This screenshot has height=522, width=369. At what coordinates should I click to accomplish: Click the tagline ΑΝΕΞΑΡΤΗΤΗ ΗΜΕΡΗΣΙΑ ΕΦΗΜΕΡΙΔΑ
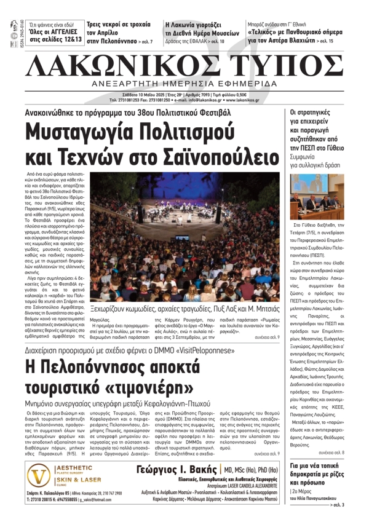click(184, 83)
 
